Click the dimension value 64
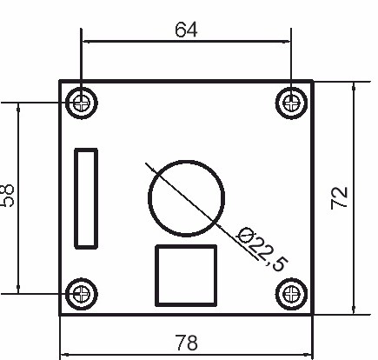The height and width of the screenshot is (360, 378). click(x=186, y=29)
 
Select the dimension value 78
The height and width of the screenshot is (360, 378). click(x=185, y=342)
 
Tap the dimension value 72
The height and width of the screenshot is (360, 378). click(x=340, y=197)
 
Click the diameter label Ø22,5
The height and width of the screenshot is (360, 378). click(x=262, y=249)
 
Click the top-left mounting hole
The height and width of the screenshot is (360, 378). click(x=82, y=102)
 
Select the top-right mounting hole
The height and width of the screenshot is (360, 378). click(x=291, y=102)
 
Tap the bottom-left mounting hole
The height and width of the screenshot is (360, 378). click(x=82, y=293)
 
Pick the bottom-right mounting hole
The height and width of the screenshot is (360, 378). click(x=291, y=293)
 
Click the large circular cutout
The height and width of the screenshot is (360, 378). click(x=187, y=196)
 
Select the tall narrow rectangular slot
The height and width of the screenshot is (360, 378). click(x=86, y=197)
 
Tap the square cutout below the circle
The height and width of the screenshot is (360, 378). click(x=185, y=276)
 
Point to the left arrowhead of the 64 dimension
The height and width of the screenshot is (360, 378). click(x=85, y=40)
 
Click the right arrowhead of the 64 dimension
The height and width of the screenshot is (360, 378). click(x=287, y=40)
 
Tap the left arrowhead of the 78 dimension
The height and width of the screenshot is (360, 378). click(x=64, y=355)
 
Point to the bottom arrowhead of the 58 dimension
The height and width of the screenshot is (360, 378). click(x=18, y=289)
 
